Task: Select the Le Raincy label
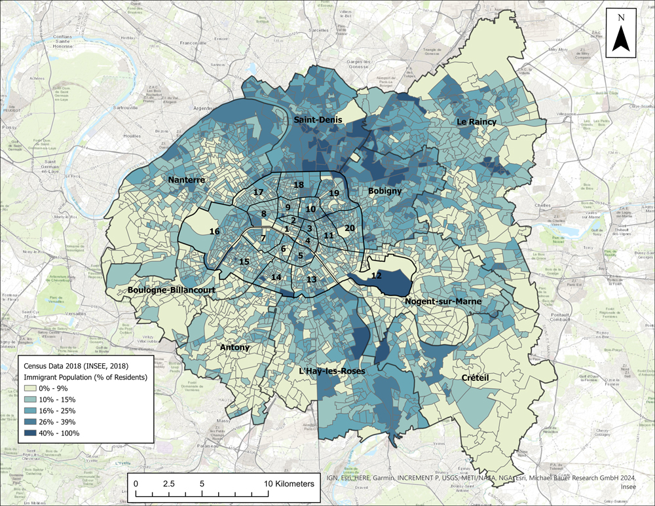pos(477,122)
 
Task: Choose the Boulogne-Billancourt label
pos(172,289)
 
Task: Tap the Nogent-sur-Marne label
pos(443,301)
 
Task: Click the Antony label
pos(234,348)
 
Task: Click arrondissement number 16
pos(214,232)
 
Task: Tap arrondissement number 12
pos(376,276)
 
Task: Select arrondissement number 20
pos(350,228)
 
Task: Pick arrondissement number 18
pos(299,185)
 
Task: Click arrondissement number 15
pos(244,262)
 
